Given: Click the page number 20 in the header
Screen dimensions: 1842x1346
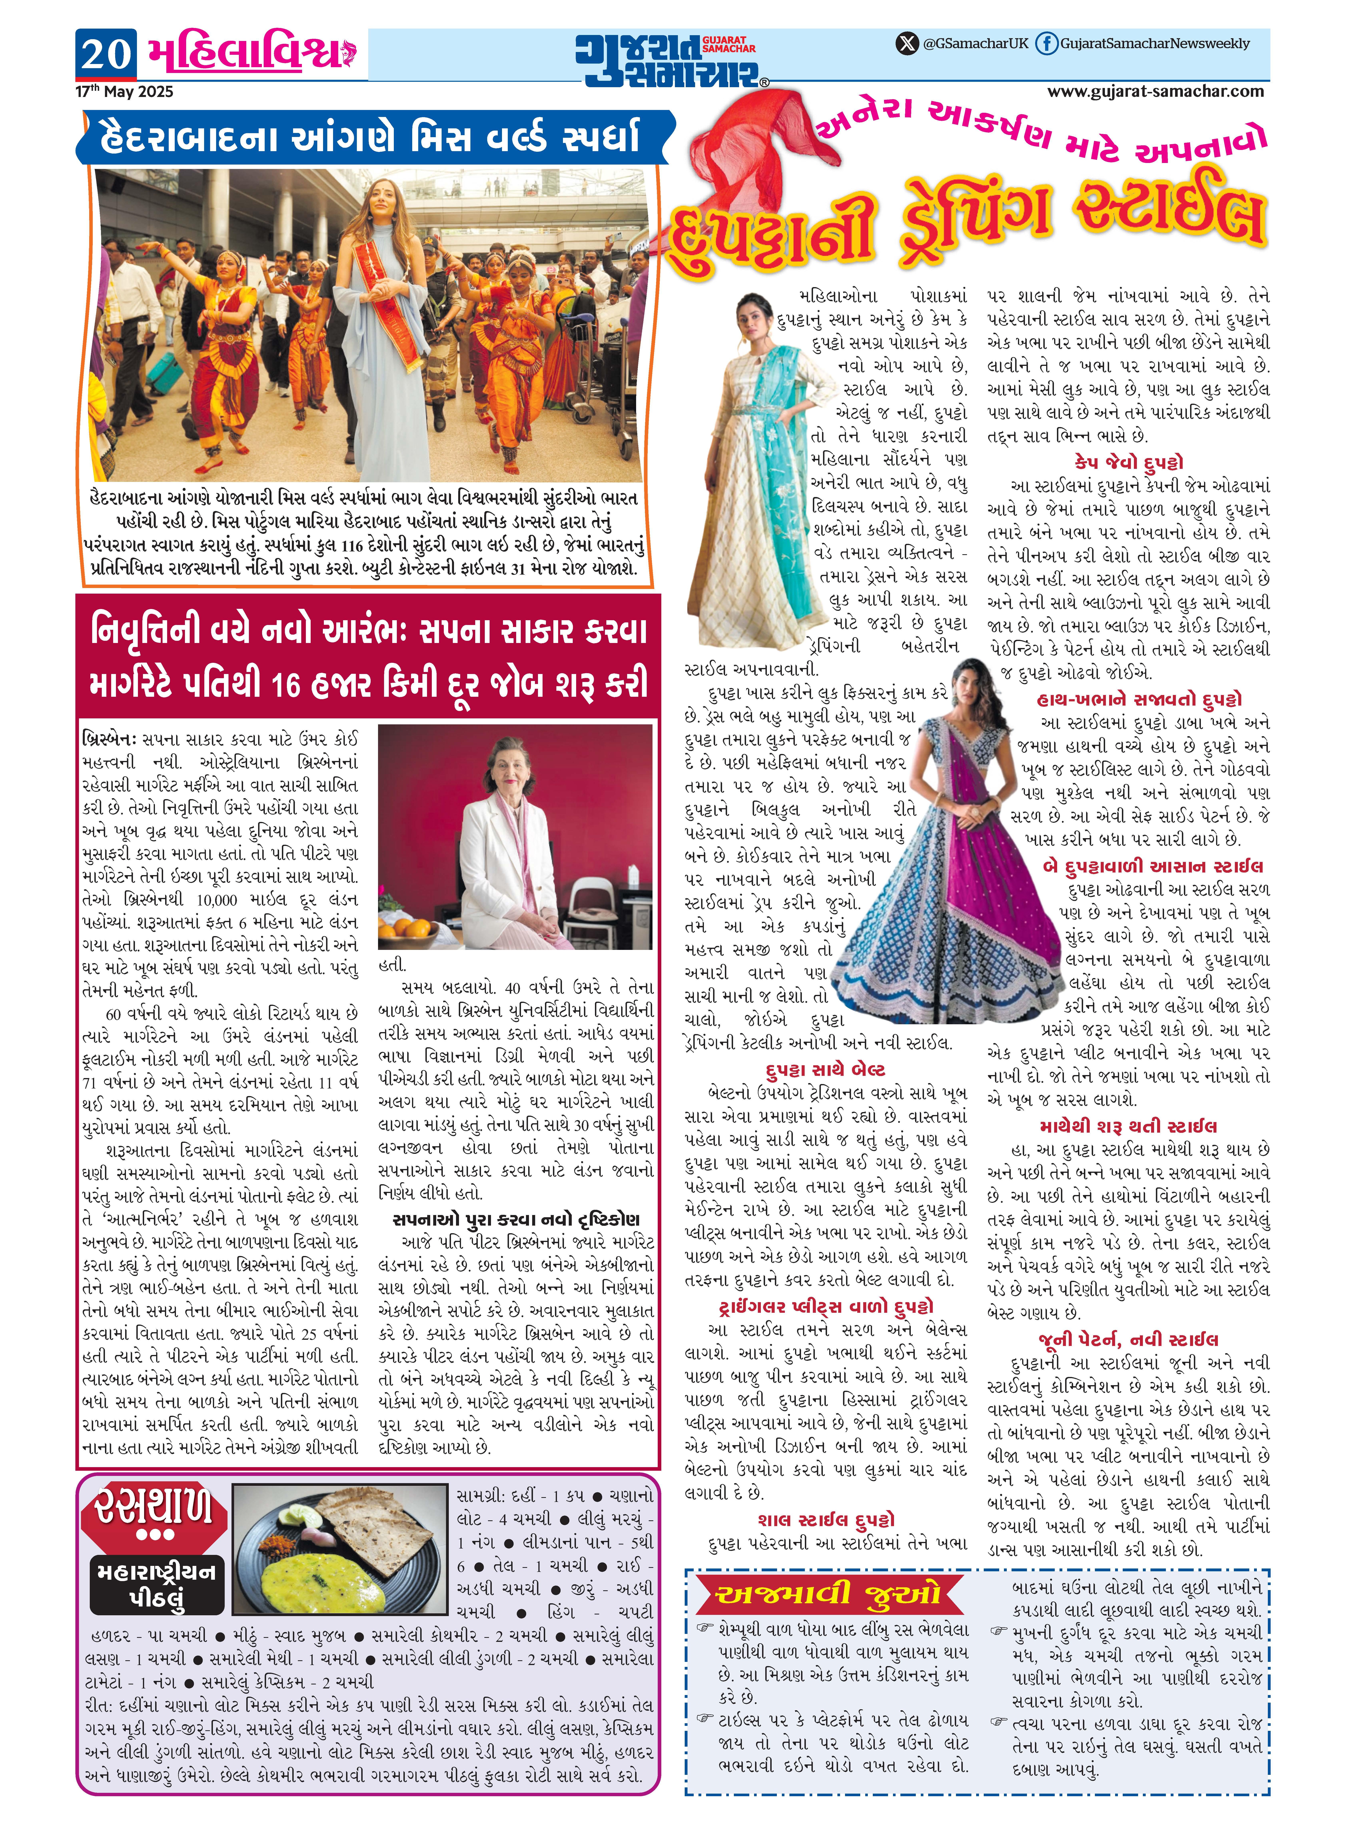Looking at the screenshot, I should click(106, 55).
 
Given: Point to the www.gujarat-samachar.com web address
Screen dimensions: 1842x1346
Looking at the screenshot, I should click(1155, 92).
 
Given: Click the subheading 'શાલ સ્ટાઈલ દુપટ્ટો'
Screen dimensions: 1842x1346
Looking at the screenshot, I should click(825, 1519).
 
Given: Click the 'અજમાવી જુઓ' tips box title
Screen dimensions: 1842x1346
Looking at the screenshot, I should click(829, 1594).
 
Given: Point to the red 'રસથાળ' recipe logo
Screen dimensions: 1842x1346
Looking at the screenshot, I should click(155, 1506).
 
